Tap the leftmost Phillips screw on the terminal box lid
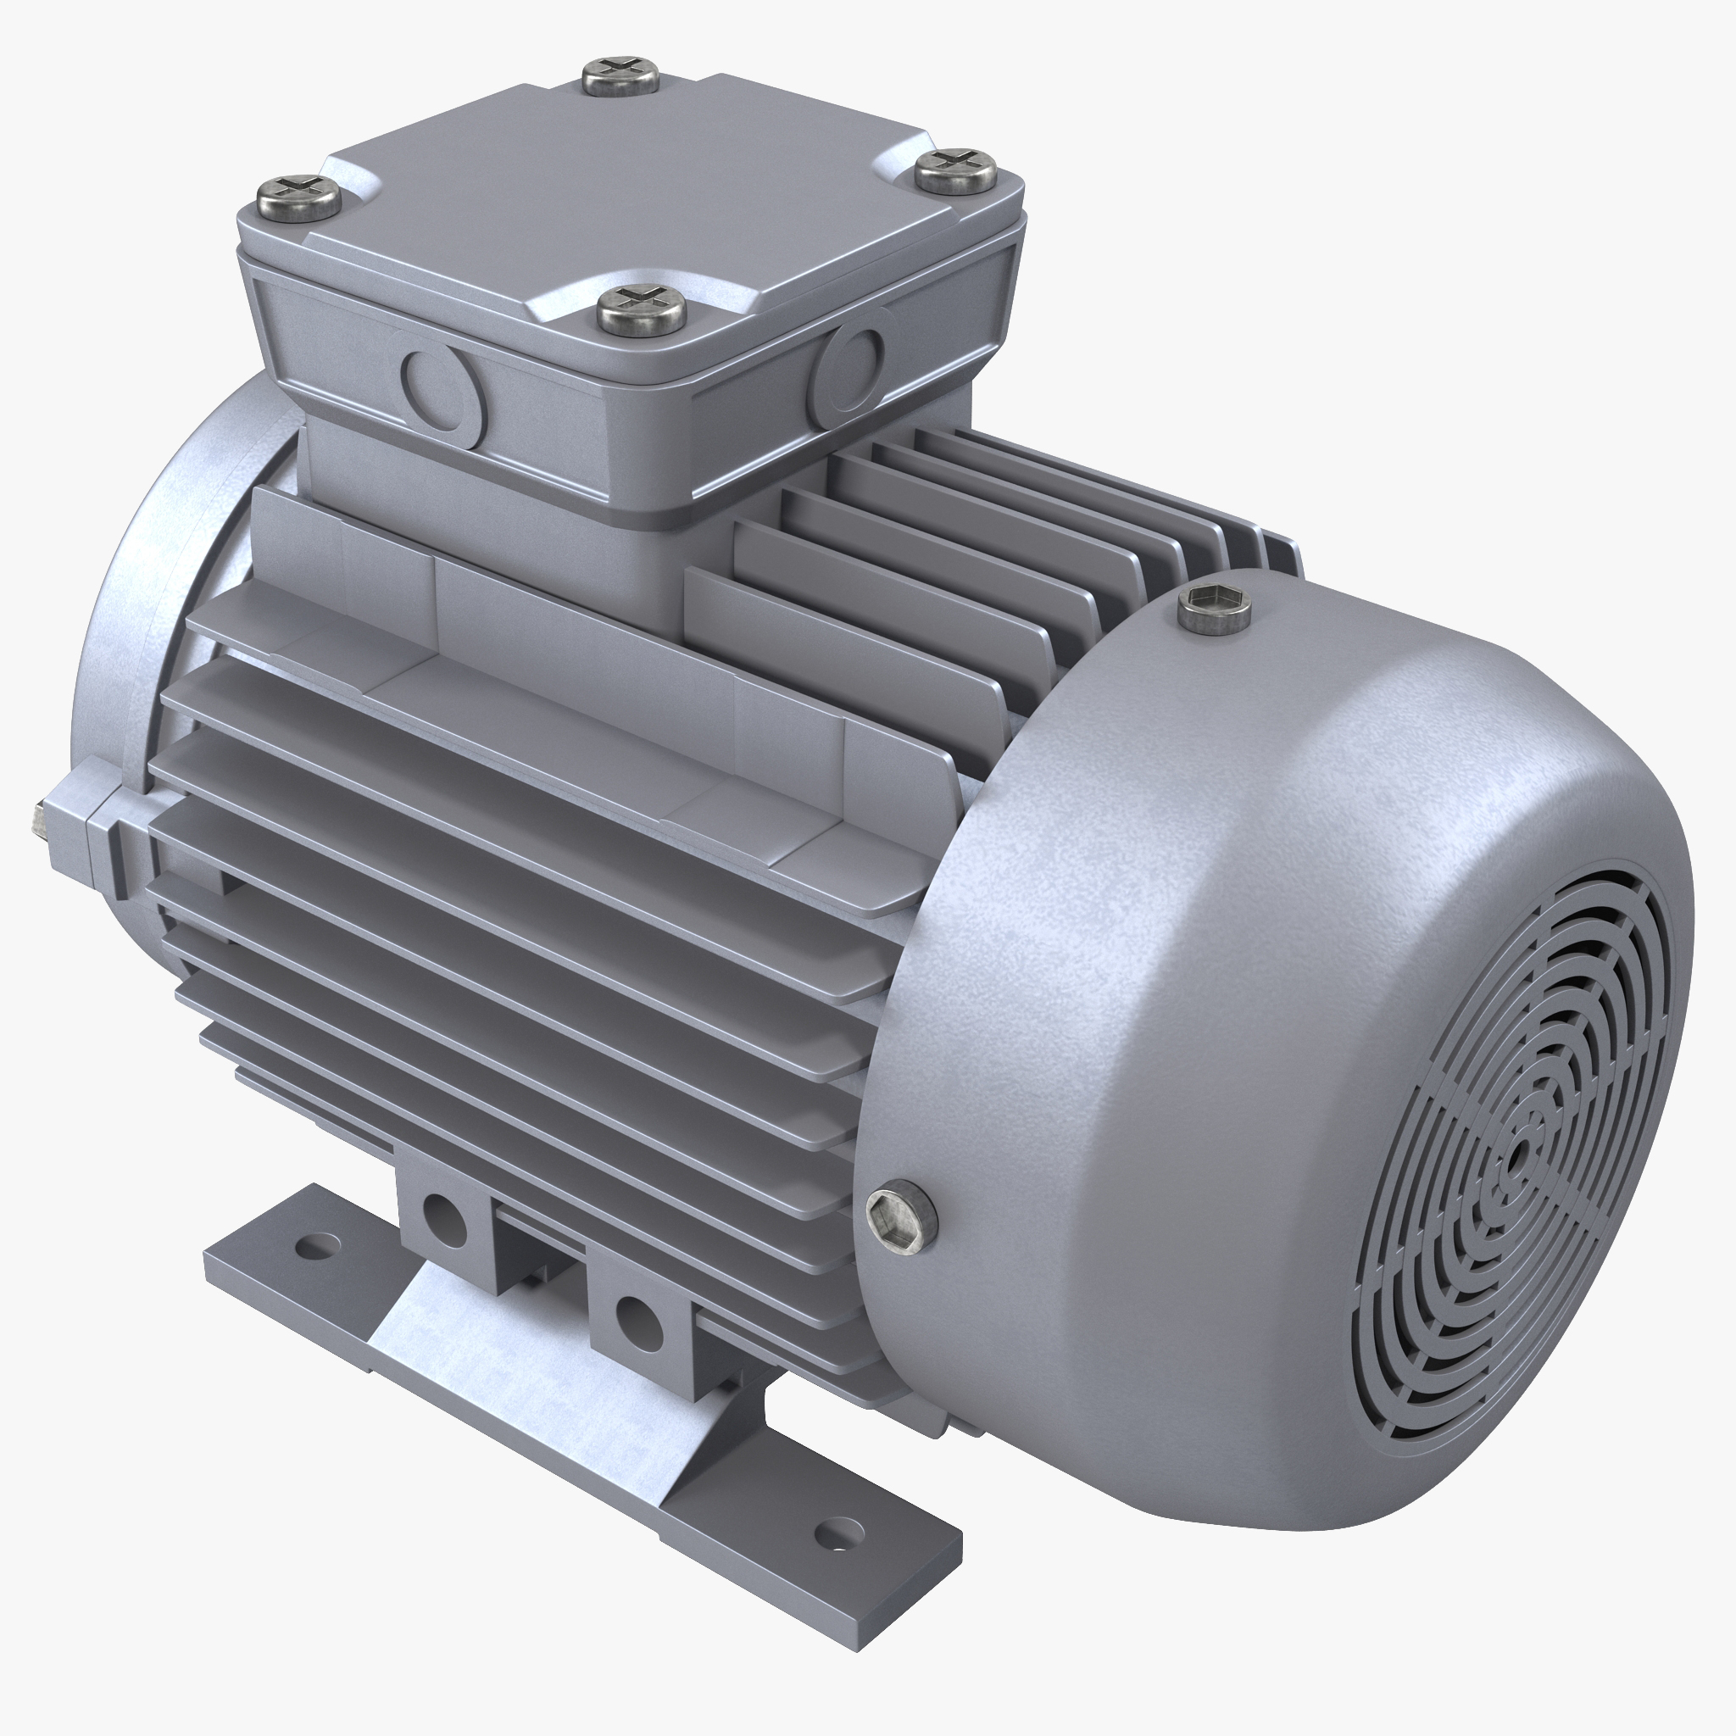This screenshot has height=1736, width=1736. click(299, 194)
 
